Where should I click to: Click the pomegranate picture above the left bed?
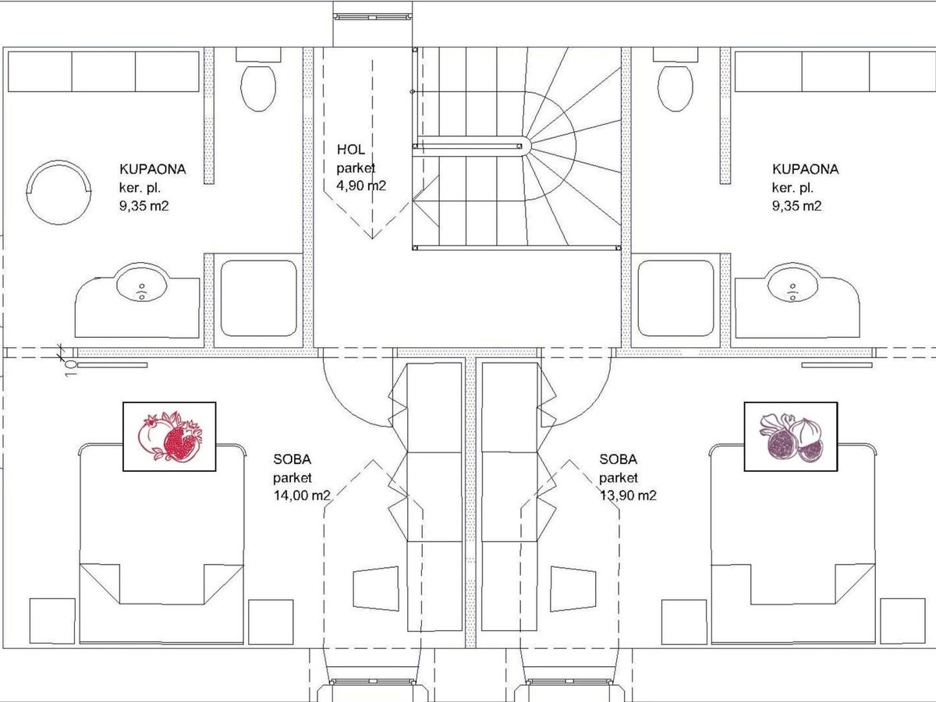click(x=169, y=437)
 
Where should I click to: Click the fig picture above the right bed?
click(x=791, y=437)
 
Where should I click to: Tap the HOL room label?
click(x=350, y=150)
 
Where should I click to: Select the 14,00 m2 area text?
click(x=302, y=495)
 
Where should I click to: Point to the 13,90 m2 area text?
click(x=628, y=495)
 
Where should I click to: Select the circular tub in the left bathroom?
click(x=58, y=192)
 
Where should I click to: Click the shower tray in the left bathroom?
click(x=259, y=299)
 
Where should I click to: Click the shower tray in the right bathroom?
click(x=676, y=299)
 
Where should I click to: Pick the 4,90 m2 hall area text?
click(x=361, y=186)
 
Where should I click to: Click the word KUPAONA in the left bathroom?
click(x=153, y=169)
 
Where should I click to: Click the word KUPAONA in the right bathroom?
click(x=806, y=169)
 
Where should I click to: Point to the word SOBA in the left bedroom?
click(x=292, y=459)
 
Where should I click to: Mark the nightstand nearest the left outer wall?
click(x=52, y=621)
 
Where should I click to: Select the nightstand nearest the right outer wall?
click(x=902, y=621)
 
